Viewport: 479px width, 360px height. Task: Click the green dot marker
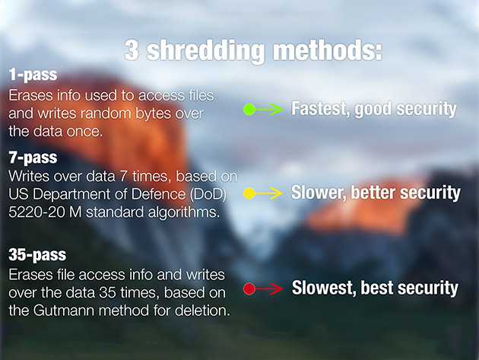[249, 109]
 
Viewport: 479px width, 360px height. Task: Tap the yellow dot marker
[249, 193]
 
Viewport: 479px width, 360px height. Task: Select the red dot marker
[249, 288]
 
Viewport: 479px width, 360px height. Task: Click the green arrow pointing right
[269, 109]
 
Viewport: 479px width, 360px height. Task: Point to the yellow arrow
[269, 193]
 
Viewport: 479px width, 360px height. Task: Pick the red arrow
[269, 288]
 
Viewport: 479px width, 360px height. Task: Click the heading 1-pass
[33, 75]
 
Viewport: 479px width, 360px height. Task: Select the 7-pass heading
[33, 158]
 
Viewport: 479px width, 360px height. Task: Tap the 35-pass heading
[37, 255]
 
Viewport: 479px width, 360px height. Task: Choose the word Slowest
[324, 288]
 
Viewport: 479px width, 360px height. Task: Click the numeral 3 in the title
[132, 50]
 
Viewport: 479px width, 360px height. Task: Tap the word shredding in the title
[205, 52]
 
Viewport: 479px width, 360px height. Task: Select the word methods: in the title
[327, 50]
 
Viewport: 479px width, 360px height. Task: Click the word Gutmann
[64, 311]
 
